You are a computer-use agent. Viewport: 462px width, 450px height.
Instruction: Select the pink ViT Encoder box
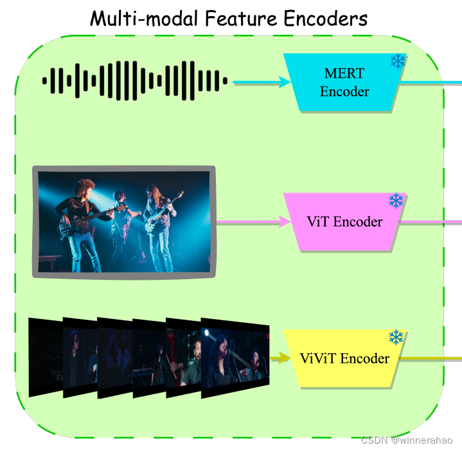pyautogui.click(x=344, y=222)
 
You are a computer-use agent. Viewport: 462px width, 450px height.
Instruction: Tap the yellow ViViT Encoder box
pyautogui.click(x=344, y=358)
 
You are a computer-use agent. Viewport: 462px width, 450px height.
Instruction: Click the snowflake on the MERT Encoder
pyautogui.click(x=398, y=62)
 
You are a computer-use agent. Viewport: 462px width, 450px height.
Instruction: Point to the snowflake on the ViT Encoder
pyautogui.click(x=396, y=201)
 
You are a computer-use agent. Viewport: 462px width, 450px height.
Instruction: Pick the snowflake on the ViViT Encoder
pyautogui.click(x=396, y=337)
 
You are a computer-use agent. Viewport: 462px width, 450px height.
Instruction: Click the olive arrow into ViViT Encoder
pyautogui.click(x=280, y=358)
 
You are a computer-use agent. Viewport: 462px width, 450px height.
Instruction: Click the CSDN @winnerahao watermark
pyautogui.click(x=407, y=440)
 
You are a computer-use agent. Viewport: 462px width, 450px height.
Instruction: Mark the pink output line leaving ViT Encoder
pyautogui.click(x=431, y=222)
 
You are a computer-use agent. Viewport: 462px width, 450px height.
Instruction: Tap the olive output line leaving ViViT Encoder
pyautogui.click(x=431, y=358)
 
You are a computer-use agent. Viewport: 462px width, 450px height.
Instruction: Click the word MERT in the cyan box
pyautogui.click(x=344, y=74)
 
